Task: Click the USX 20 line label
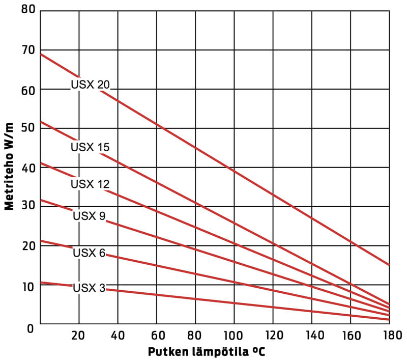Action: click(x=90, y=85)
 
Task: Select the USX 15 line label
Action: click(x=90, y=148)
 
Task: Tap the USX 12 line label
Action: click(x=90, y=184)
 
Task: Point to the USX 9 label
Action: click(x=89, y=216)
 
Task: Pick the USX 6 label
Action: click(x=89, y=253)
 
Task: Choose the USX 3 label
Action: click(x=89, y=288)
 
